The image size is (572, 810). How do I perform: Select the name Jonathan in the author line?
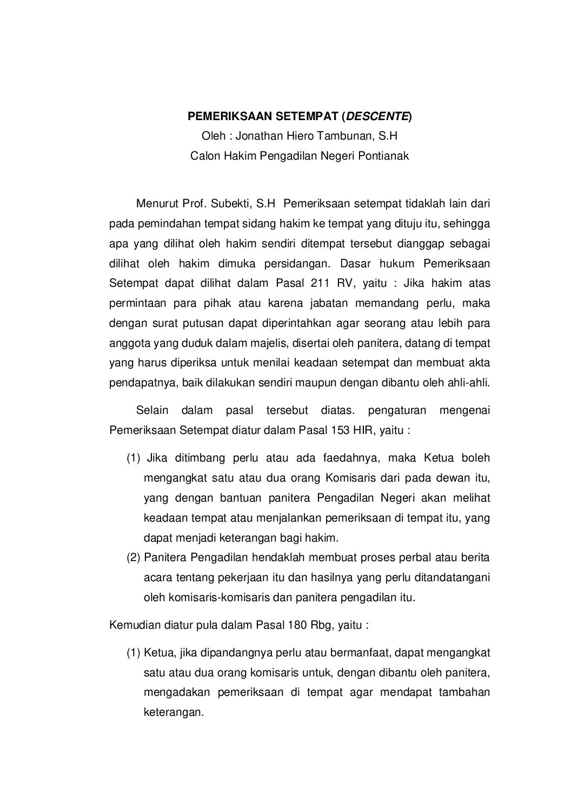click(256, 136)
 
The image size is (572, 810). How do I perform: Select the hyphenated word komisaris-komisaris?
click(218, 598)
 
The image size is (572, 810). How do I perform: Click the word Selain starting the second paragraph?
click(152, 411)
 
